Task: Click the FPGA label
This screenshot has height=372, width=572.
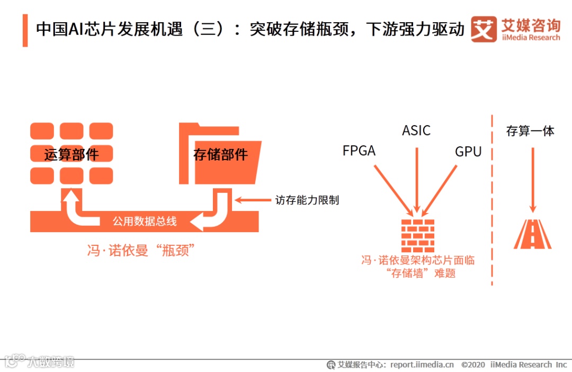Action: (x=359, y=151)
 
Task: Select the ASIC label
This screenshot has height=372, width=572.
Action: (x=416, y=130)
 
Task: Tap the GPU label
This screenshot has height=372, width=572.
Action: (x=468, y=152)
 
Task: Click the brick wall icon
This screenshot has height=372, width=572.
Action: (x=417, y=235)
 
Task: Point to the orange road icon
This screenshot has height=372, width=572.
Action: (x=532, y=234)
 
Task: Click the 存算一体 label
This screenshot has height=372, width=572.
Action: (x=530, y=131)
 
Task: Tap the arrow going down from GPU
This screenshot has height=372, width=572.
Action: (x=440, y=189)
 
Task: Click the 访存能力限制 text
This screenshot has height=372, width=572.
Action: (x=307, y=200)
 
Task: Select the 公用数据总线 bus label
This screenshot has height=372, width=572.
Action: (x=145, y=222)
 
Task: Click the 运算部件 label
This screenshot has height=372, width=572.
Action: (x=71, y=155)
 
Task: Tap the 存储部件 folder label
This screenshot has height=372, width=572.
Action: (x=220, y=155)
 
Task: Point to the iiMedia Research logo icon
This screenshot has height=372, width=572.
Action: (x=484, y=29)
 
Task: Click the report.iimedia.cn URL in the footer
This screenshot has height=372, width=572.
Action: (x=422, y=365)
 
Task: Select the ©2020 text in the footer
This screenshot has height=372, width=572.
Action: (x=473, y=365)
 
